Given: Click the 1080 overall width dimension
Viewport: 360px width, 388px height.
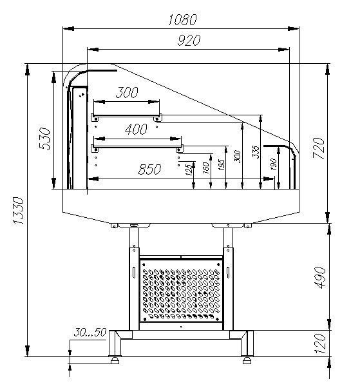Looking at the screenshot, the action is click(x=183, y=19).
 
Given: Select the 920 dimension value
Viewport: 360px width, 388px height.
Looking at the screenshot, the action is click(x=189, y=41).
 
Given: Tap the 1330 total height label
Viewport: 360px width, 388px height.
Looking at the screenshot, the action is click(x=19, y=211).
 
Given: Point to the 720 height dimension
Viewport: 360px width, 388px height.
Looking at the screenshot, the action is click(x=318, y=148).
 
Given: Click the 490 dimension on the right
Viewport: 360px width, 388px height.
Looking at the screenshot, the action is click(x=321, y=277).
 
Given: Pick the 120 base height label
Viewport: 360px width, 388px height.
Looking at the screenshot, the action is click(x=319, y=344).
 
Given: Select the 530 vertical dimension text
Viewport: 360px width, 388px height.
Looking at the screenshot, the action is click(x=44, y=139).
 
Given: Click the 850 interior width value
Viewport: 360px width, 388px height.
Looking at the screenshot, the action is click(x=149, y=170).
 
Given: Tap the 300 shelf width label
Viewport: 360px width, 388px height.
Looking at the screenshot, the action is click(x=127, y=92).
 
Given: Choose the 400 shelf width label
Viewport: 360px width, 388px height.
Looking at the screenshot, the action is click(x=136, y=129).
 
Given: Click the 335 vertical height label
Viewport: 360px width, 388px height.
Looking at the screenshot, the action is click(x=256, y=152).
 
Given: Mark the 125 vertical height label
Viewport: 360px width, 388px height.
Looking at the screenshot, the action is click(x=189, y=170).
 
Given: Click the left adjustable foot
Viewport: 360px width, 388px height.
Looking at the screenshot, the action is click(x=115, y=360).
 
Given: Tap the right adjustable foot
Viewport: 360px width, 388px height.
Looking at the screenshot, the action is click(x=247, y=360).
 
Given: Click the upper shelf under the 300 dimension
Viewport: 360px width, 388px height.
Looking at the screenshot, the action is click(x=127, y=116).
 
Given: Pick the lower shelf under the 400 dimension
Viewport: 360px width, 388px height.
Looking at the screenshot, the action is click(x=138, y=147).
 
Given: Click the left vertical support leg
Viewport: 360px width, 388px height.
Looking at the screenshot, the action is click(x=134, y=279).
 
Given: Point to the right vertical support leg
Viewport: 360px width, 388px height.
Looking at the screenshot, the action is click(x=228, y=279).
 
